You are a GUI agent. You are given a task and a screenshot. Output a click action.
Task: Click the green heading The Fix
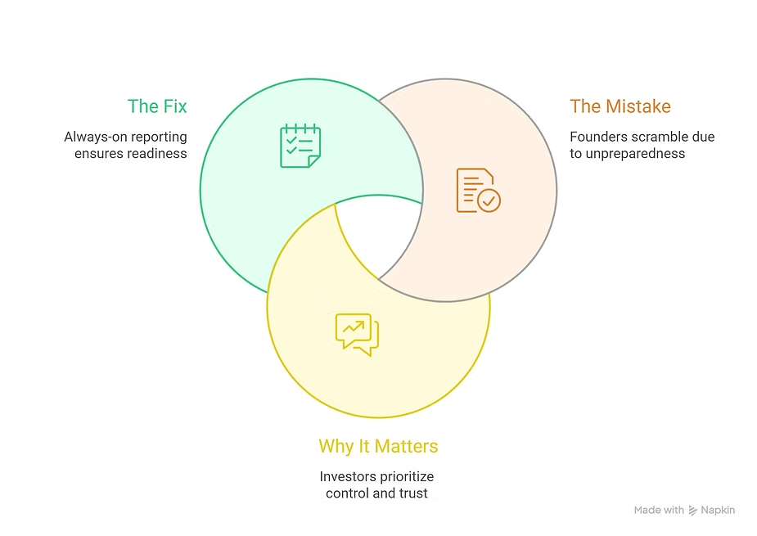coord(157,106)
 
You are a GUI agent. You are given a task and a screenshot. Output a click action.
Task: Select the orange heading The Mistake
coord(620,106)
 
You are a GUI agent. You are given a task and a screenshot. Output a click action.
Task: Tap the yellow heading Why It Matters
coord(378,447)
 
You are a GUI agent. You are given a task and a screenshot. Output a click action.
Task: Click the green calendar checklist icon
coord(300,146)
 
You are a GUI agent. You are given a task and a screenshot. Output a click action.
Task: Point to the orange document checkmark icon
coord(478,191)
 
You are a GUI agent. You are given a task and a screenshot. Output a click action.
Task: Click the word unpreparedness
coord(636,153)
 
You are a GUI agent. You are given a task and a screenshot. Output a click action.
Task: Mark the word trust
coord(413,493)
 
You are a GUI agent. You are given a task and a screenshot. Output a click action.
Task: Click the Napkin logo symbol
coord(693,510)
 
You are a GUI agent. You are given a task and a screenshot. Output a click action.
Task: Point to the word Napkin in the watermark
coord(718,510)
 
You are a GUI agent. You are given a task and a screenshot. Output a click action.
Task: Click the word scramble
coord(660,137)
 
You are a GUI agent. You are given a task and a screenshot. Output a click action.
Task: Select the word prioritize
coord(406,476)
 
